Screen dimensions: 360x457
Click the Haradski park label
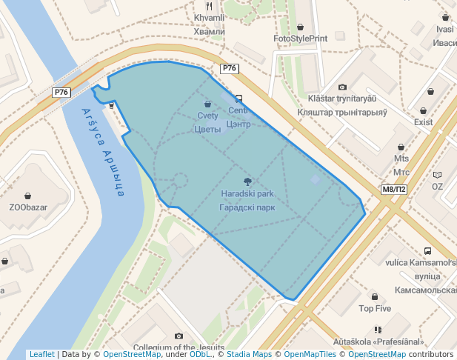247,194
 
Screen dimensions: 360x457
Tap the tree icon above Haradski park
247,181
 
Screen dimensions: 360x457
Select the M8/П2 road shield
394,190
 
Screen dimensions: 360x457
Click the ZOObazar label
27,207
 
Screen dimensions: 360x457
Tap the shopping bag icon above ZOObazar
27,196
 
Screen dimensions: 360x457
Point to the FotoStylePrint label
300,39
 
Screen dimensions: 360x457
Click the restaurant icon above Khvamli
209,6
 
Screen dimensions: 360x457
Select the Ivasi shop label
445,30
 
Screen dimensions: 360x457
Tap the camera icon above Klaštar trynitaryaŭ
342,87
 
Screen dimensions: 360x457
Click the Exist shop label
424,121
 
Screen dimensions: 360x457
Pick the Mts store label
401,159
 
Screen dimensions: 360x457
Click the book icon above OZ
437,175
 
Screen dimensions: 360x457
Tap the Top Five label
375,308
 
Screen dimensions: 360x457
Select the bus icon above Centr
238,99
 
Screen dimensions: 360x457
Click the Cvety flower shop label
207,116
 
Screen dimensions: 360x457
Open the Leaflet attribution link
41,355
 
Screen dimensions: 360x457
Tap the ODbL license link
200,355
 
